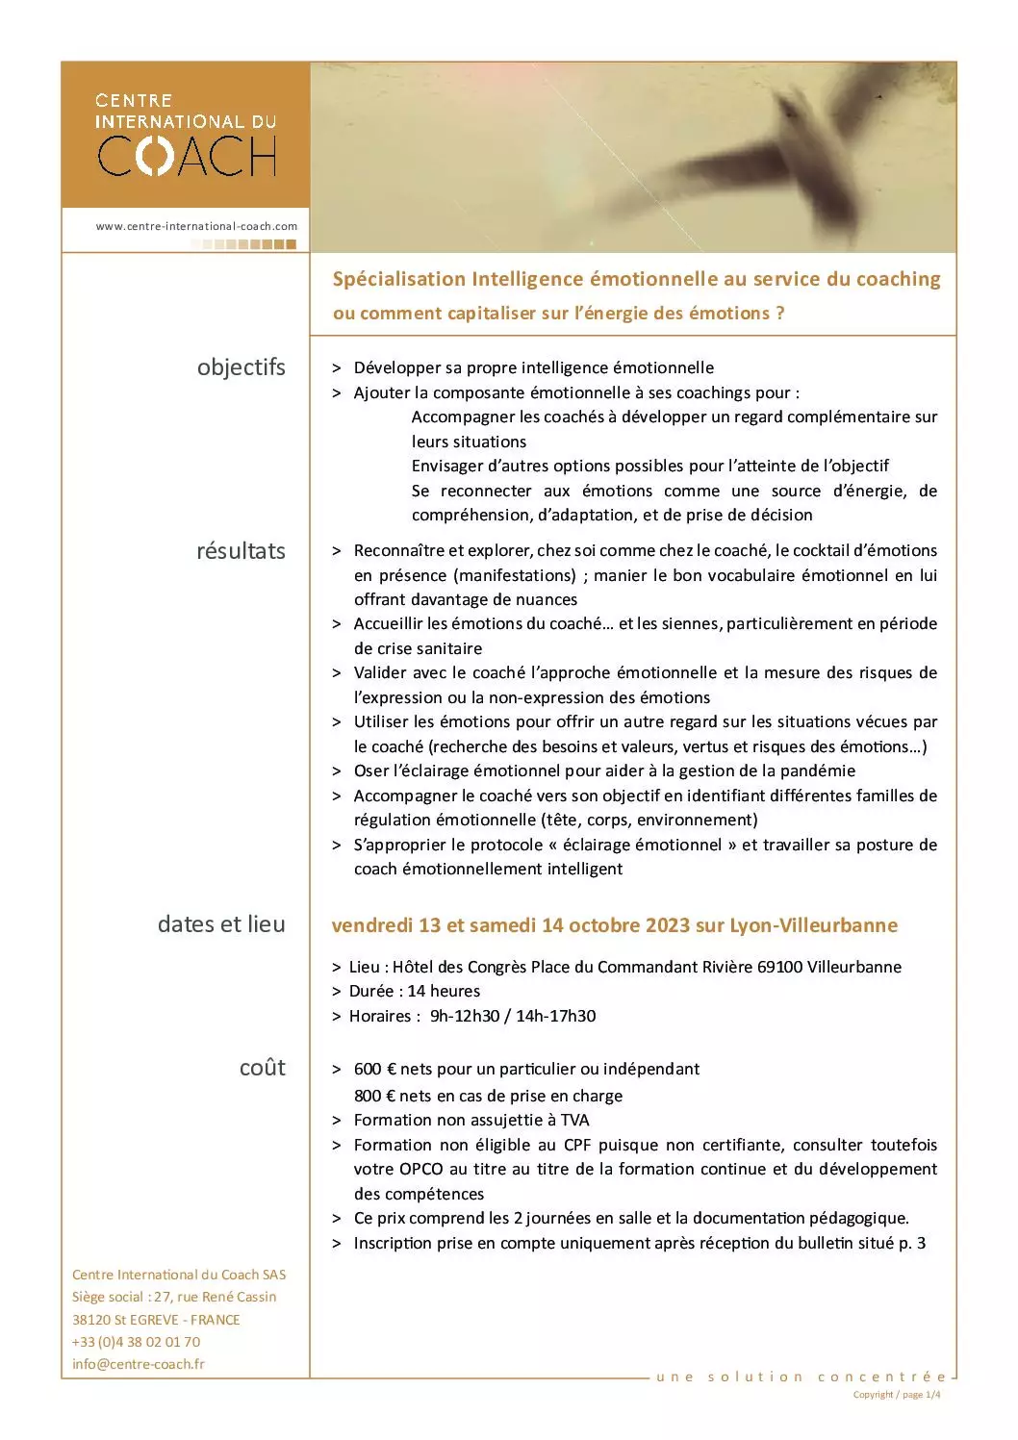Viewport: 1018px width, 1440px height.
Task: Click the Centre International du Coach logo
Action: coord(186,135)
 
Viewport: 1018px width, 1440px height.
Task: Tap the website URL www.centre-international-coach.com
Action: coord(196,226)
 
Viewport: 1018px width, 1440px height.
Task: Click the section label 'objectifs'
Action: coord(241,366)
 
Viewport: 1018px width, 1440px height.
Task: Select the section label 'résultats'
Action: coord(241,551)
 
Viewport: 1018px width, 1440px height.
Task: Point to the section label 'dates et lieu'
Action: coord(221,923)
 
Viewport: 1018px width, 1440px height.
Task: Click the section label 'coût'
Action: coord(263,1067)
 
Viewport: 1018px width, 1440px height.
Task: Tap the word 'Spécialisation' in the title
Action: coord(398,279)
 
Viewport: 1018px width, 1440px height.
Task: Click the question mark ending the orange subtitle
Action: coord(779,313)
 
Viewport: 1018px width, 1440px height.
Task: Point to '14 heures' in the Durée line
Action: coord(444,991)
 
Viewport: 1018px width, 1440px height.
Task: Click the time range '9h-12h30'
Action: coord(464,1016)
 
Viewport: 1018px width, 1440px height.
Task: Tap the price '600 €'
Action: coord(375,1069)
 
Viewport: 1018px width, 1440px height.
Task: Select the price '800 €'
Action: coord(375,1096)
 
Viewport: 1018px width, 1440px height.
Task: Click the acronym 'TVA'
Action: coord(573,1120)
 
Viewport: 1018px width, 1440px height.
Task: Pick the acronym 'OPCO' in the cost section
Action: coord(422,1169)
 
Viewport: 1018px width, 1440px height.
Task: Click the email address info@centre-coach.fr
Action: coord(139,1364)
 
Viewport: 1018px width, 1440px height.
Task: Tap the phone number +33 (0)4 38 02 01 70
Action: coord(137,1342)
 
